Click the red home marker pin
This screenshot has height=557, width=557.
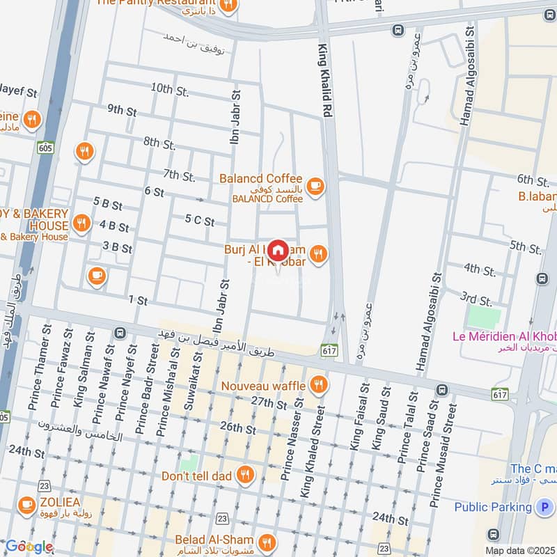coord(278,250)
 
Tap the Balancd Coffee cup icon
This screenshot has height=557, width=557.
coord(315,186)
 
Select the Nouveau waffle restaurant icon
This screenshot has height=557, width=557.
coord(319,385)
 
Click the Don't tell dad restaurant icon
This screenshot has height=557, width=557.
coord(245,476)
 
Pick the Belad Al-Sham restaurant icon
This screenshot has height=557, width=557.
coord(266,541)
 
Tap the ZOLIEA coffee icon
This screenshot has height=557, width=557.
coord(26,503)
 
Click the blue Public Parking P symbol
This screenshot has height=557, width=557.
coord(544,508)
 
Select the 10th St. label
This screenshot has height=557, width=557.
coord(170,89)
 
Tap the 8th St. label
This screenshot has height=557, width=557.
coord(159,143)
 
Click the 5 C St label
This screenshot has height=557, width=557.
coord(199,221)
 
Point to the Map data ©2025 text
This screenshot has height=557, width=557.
coord(520,550)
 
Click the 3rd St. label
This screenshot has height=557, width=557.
coord(476,297)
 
